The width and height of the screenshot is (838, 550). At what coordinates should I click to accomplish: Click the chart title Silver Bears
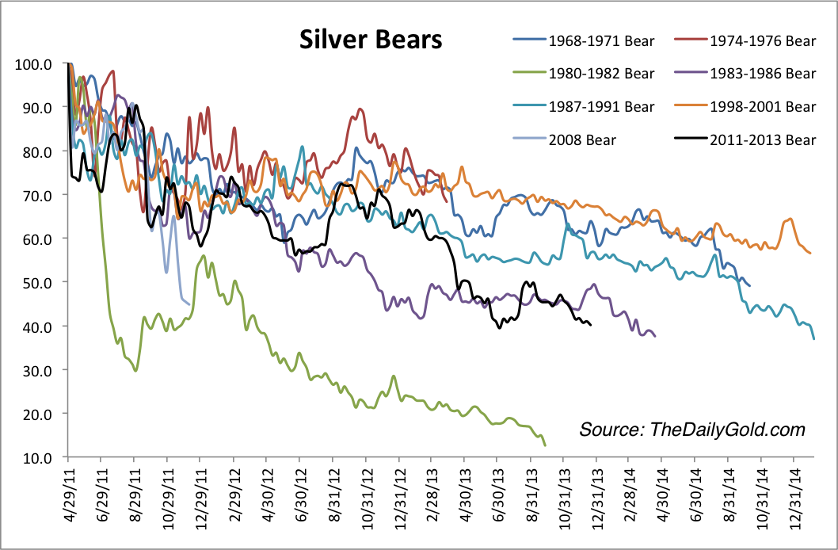[x=370, y=40]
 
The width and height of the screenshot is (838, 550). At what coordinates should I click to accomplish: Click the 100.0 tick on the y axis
[x=34, y=63]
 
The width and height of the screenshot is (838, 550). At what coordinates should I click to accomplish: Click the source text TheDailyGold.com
[x=691, y=430]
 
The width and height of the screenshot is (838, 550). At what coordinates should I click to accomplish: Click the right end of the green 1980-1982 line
[x=545, y=445]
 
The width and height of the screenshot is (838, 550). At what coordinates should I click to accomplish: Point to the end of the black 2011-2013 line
[x=591, y=323]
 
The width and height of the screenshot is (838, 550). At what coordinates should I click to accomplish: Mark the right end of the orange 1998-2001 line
[x=810, y=253]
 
